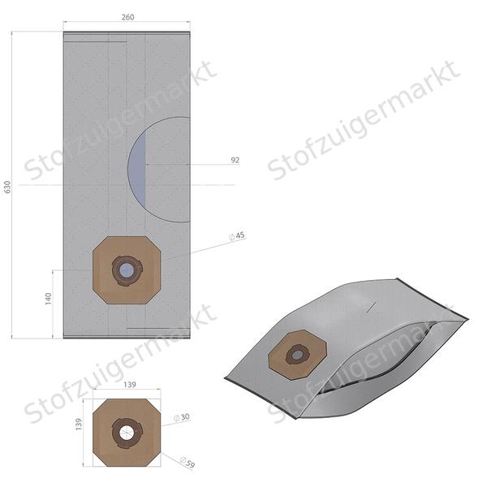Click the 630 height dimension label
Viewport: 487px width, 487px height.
point(8,186)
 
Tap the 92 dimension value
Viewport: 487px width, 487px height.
point(235,161)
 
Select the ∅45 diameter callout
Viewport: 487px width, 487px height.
point(237,235)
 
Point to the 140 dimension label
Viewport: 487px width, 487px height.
point(48,299)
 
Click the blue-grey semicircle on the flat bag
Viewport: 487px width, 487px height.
point(136,170)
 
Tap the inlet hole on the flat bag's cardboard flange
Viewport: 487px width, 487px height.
point(126,269)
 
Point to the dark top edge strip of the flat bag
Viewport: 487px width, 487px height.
point(127,32)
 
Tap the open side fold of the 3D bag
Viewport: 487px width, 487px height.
point(381,373)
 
